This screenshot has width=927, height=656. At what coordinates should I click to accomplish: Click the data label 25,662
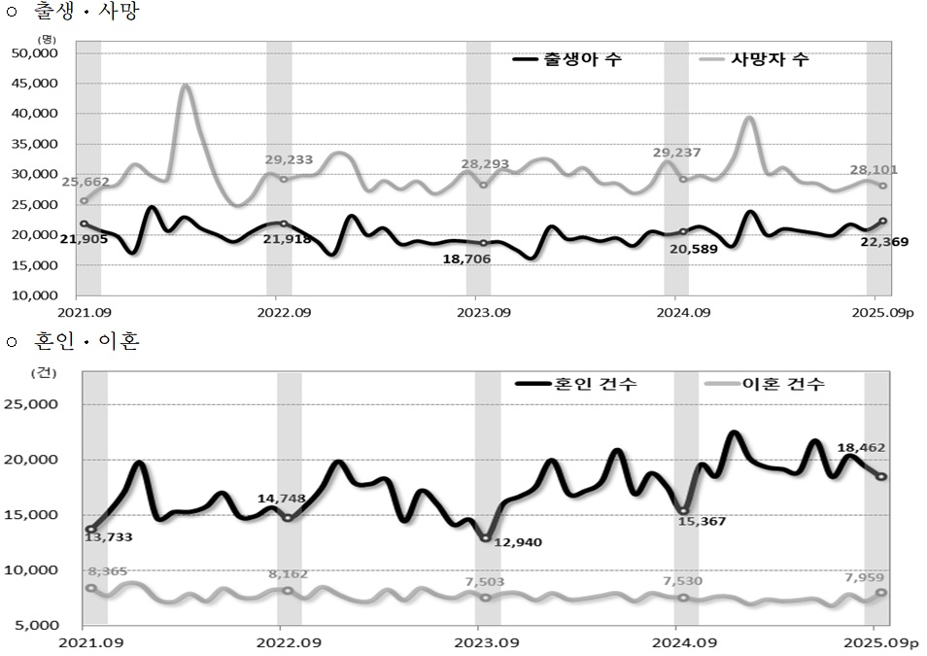click(86, 182)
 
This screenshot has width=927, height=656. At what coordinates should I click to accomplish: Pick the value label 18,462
click(861, 448)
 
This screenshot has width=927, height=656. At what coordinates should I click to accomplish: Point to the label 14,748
click(282, 499)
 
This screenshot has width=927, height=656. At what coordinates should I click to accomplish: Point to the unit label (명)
click(47, 38)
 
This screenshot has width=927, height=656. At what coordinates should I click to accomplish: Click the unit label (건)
click(43, 371)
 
